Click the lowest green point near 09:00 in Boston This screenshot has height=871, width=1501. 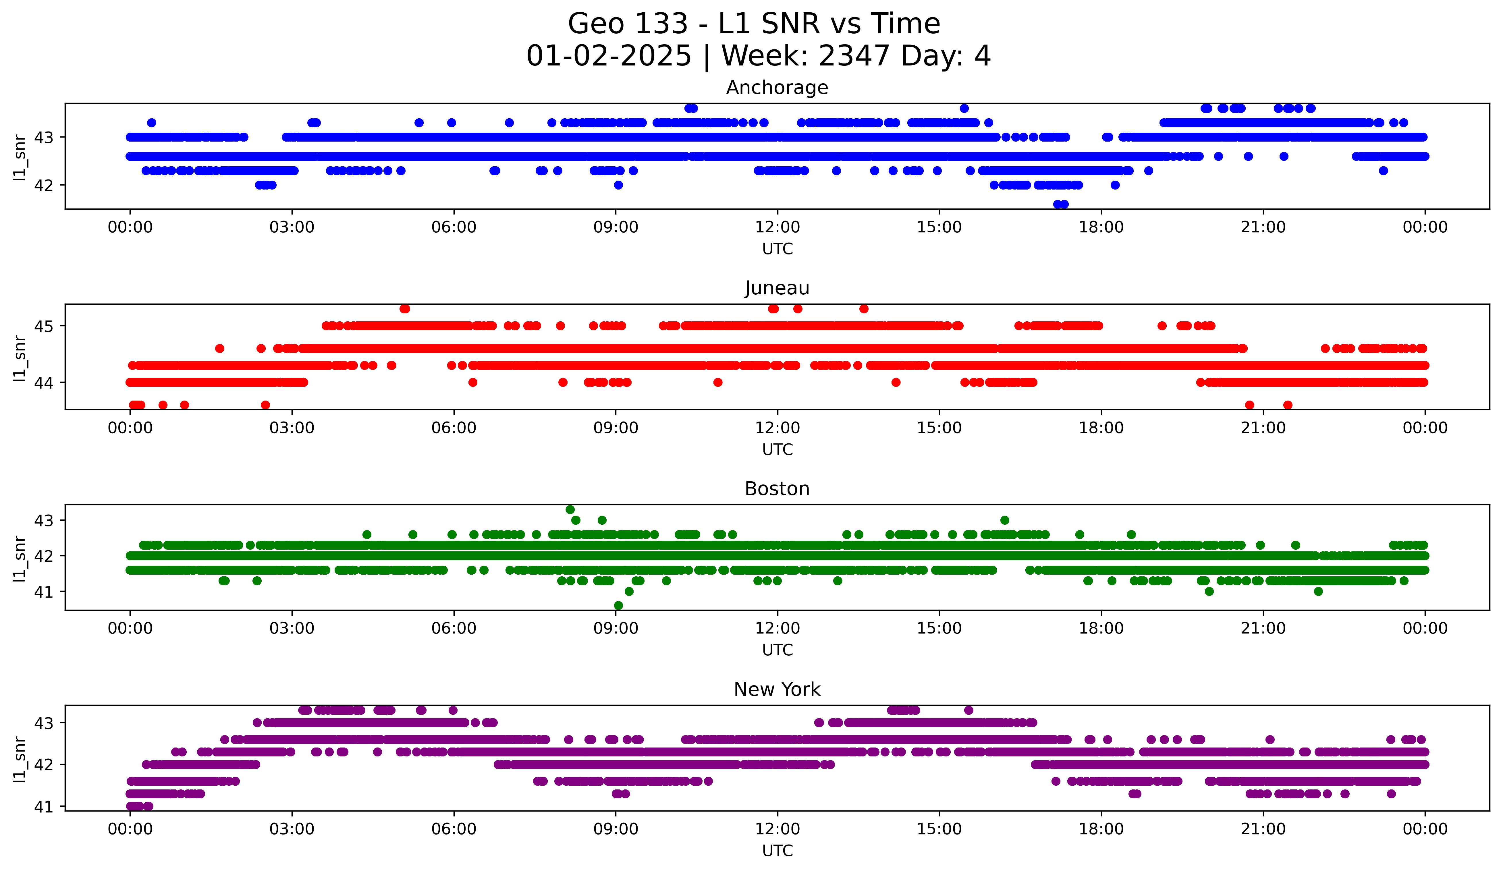pos(618,605)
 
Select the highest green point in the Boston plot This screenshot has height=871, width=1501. pos(570,510)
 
